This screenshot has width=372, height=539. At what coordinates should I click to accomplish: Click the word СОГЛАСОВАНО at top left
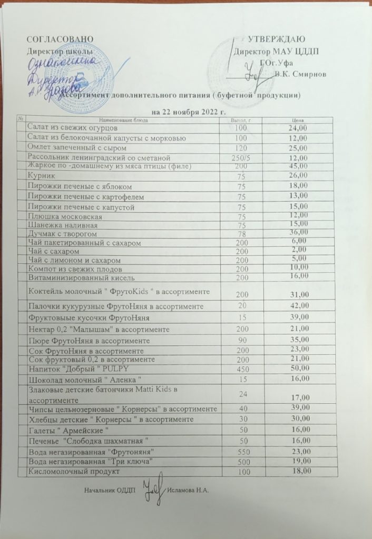pyautogui.click(x=60, y=40)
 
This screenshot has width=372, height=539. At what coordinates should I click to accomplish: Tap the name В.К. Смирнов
pyautogui.click(x=300, y=74)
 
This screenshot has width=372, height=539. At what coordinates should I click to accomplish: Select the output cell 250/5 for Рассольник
pyautogui.click(x=241, y=157)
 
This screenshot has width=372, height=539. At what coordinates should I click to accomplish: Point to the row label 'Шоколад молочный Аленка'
pyautogui.click(x=86, y=380)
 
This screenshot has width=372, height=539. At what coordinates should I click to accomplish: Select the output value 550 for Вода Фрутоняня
pyautogui.click(x=241, y=452)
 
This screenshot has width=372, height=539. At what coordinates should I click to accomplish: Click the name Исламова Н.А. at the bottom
pyautogui.click(x=188, y=491)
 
